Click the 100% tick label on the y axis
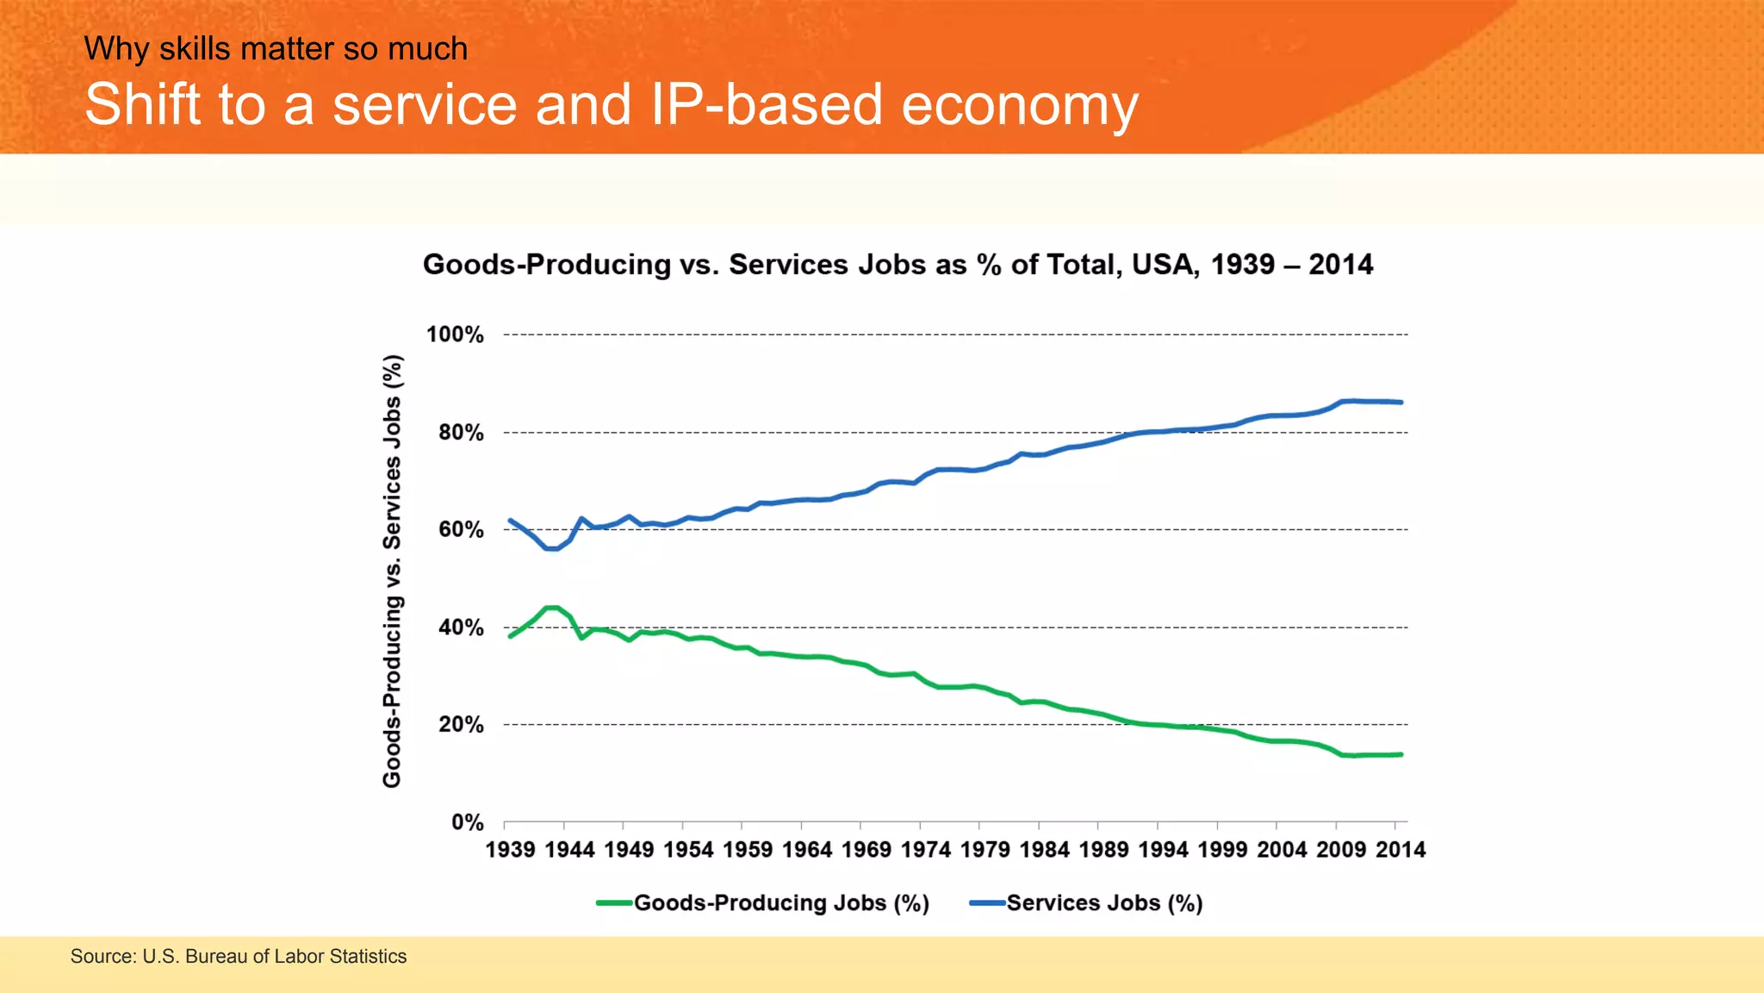[x=455, y=334]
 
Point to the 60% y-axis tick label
[x=461, y=529]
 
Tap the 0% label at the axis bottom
[x=467, y=822]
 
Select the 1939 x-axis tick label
[x=510, y=850]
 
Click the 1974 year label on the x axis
[x=925, y=850]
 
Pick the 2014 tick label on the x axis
[x=1401, y=850]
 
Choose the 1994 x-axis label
[x=1163, y=850]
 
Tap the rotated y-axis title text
[x=392, y=571]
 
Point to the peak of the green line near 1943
[x=552, y=608]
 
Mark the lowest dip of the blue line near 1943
[x=552, y=549]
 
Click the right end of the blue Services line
[x=1401, y=403]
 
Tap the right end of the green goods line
[x=1401, y=754]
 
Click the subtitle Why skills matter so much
[x=276, y=49]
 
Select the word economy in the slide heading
[x=1020, y=105]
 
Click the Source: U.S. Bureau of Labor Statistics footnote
[x=239, y=956]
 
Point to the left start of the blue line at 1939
[x=511, y=521]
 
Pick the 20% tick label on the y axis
[x=461, y=725]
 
